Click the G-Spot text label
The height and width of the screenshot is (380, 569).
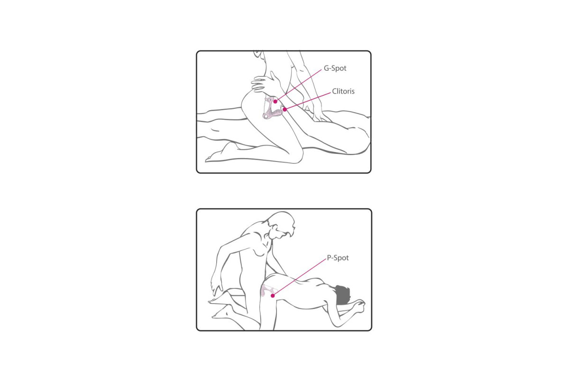[x=335, y=68]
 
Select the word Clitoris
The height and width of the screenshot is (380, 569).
[x=343, y=91]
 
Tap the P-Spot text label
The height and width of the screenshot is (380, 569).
[x=338, y=258]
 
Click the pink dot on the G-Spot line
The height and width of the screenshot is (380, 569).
[x=275, y=102]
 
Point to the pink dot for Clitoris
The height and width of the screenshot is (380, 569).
[x=285, y=109]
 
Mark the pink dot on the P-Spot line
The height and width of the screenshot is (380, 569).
[x=273, y=295]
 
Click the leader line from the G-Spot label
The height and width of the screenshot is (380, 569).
[x=298, y=86]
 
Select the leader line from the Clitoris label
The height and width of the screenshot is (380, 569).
[x=308, y=101]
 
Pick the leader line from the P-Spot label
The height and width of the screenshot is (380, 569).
[x=299, y=277]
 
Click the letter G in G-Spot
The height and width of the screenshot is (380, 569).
[x=326, y=68]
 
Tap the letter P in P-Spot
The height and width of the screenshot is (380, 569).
[x=329, y=257]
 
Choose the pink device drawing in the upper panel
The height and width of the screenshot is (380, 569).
[x=272, y=108]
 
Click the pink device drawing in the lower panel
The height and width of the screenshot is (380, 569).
[x=266, y=290]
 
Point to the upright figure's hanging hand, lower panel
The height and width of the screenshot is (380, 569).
[x=215, y=287]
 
